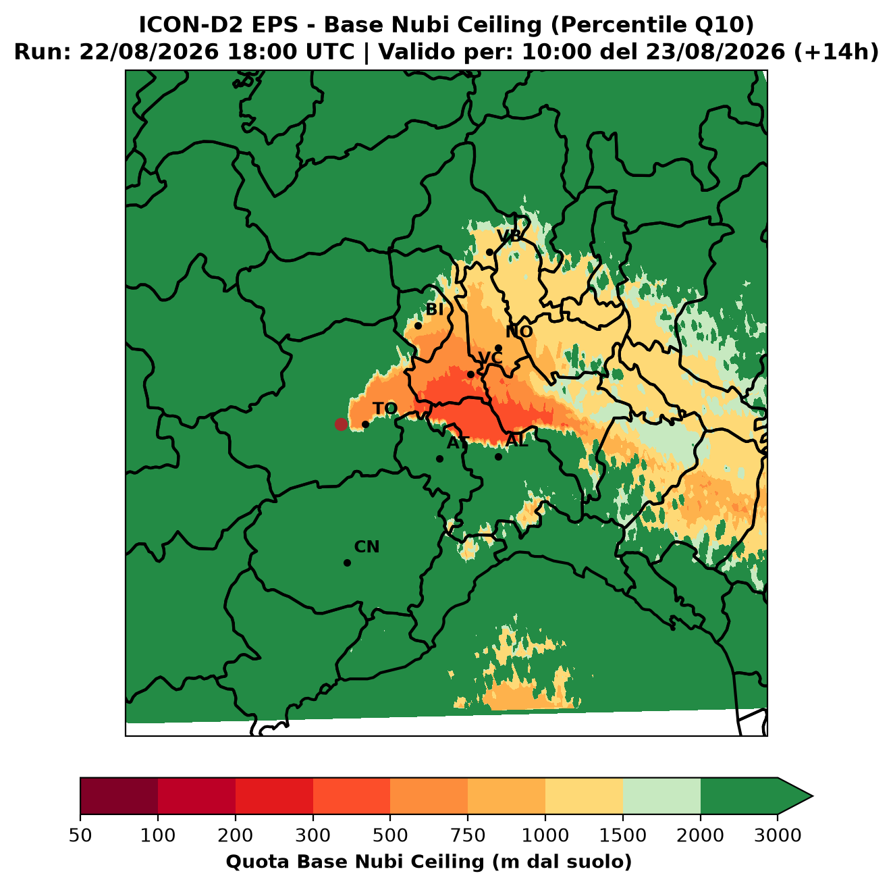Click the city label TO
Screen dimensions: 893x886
385,409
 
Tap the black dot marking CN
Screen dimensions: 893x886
347,563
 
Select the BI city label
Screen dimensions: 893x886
434,309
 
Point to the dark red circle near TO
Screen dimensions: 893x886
341,424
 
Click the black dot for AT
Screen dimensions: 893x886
439,459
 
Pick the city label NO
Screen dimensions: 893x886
519,332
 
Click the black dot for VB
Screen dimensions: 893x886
489,252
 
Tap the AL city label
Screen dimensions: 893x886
517,440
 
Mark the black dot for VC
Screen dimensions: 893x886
470,374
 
